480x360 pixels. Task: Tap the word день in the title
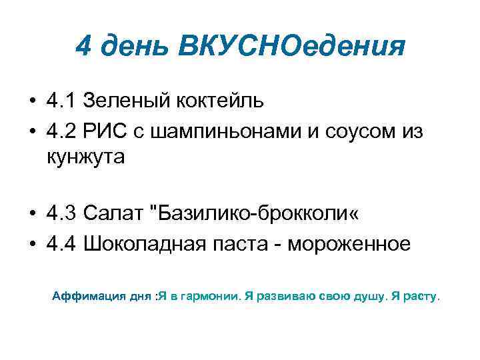137,46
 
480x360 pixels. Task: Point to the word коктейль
220,101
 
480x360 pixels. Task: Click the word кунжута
85,159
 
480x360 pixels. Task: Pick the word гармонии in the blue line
206,296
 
